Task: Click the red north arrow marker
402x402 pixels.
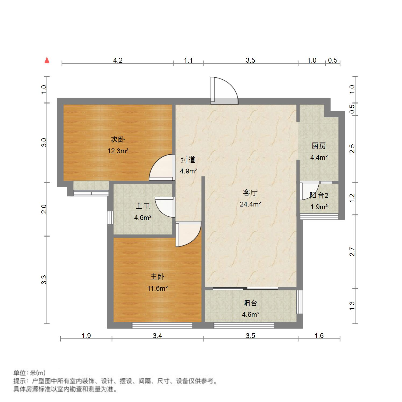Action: [47, 60]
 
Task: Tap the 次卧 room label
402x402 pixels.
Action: [118, 140]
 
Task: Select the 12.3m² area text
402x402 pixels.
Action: [118, 151]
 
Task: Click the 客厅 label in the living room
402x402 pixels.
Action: [250, 193]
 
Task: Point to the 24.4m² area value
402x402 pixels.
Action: [250, 204]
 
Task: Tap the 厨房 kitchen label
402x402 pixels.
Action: [319, 146]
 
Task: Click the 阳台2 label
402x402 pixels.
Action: [319, 195]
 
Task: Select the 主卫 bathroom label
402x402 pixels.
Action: [143, 206]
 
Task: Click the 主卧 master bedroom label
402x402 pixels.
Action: [157, 277]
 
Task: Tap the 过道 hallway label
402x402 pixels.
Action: [188, 160]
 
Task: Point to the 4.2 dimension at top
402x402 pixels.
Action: [118, 60]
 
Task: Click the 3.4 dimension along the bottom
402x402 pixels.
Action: [157, 336]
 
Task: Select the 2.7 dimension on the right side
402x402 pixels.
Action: [352, 252]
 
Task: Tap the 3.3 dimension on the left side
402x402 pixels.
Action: [44, 280]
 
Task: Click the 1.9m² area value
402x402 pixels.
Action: [319, 207]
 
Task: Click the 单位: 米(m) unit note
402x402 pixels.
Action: [30, 373]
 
